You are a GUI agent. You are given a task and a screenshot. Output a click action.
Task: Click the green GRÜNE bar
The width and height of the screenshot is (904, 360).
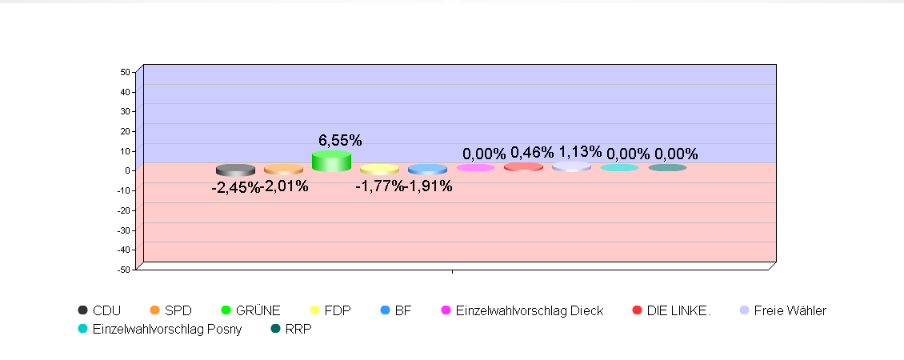pos(331,161)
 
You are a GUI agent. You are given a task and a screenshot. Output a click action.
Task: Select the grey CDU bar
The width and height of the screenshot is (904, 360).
pos(235,170)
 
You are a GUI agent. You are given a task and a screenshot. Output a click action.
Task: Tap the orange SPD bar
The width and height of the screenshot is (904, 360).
pos(283,170)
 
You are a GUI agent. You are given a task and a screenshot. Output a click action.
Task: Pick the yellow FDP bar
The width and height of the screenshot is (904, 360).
pos(379,170)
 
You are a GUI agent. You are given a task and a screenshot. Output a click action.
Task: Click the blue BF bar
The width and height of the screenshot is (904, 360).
pos(427,170)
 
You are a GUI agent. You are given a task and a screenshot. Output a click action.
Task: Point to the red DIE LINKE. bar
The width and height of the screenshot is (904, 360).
pos(523,166)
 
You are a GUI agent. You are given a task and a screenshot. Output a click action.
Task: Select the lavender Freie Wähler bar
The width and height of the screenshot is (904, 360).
pos(571,166)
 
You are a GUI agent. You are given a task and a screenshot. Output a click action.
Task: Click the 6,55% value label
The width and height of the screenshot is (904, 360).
pos(340,141)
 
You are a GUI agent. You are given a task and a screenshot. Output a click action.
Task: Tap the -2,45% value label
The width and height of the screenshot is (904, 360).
pos(235,188)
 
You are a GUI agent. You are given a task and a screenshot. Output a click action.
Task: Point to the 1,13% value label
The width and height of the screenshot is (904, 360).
pos(580,152)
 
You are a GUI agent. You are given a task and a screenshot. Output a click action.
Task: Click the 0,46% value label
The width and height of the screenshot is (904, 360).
pos(532,153)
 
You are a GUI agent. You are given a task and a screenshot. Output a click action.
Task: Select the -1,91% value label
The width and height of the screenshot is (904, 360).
pos(429,187)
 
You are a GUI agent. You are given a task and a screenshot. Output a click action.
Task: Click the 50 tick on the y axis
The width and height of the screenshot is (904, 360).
pos(125,72)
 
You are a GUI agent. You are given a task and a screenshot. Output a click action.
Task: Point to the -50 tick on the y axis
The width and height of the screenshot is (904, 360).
pos(123,270)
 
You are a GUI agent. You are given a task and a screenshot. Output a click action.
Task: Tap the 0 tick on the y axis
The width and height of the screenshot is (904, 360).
pos(127,170)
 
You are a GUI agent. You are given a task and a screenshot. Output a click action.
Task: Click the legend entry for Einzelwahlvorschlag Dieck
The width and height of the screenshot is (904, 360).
pos(529,310)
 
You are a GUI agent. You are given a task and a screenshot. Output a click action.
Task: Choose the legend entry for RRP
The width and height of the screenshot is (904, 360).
pos(298,329)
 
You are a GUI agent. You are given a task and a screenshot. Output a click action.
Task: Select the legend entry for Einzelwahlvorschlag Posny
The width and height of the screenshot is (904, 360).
pos(166,329)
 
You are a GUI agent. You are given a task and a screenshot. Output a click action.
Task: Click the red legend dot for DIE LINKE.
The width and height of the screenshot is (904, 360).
pos(638,310)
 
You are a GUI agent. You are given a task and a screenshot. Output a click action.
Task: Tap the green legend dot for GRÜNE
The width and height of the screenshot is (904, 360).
pos(227,310)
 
